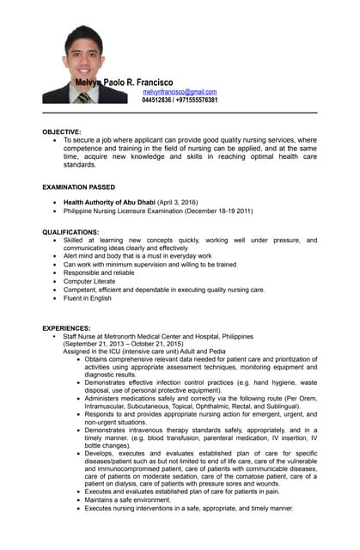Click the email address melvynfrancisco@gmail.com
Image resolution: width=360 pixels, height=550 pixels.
tap(180, 91)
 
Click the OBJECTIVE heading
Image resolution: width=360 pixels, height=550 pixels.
tap(62, 131)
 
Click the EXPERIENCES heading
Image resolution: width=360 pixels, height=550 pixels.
tap(67, 328)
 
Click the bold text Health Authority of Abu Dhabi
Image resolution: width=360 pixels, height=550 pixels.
tap(109, 202)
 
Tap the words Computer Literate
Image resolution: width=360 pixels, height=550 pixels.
tap(89, 281)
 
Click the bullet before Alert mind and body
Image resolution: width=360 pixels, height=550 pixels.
tap(55, 256)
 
